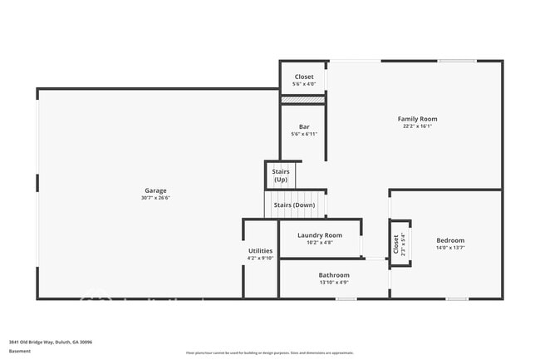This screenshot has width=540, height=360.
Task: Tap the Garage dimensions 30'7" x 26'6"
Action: (x=156, y=198)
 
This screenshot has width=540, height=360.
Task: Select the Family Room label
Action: (x=417, y=119)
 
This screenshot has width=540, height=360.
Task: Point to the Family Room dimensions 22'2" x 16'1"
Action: (x=417, y=126)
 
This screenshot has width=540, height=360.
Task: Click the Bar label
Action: (x=304, y=126)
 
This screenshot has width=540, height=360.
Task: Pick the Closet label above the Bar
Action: (x=304, y=76)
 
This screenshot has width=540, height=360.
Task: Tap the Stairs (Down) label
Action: (x=294, y=205)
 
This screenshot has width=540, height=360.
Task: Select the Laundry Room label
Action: (x=320, y=235)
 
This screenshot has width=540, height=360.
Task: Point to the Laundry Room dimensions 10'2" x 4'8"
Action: (x=320, y=243)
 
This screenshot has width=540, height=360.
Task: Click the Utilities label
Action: (x=260, y=250)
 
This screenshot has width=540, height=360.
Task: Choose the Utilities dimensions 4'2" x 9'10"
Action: (x=260, y=258)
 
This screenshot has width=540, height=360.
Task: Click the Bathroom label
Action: (x=334, y=275)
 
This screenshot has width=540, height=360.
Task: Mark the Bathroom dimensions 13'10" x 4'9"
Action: (x=334, y=283)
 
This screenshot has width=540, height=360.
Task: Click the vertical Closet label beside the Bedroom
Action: (x=395, y=244)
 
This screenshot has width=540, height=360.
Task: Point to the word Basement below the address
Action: (x=20, y=351)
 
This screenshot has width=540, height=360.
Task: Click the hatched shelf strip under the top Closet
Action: (x=303, y=100)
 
